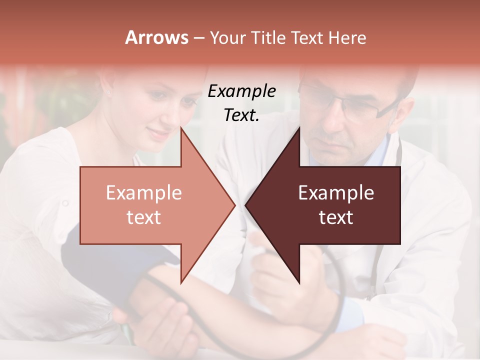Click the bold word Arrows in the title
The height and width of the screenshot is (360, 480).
[156, 37]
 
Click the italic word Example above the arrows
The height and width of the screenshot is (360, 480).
[241, 91]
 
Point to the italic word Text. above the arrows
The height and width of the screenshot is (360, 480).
[241, 115]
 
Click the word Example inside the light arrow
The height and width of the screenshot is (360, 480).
[143, 193]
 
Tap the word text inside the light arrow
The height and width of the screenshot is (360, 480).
[143, 217]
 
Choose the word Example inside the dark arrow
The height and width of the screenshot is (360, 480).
[336, 193]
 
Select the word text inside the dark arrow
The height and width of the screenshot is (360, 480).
[336, 217]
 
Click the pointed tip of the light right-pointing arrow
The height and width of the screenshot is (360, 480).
[234, 205]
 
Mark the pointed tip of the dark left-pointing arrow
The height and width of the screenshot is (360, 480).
[246, 205]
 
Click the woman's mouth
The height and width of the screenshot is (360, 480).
[159, 134]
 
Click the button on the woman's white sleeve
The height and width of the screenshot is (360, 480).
[64, 203]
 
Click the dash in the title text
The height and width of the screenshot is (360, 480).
[198, 38]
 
